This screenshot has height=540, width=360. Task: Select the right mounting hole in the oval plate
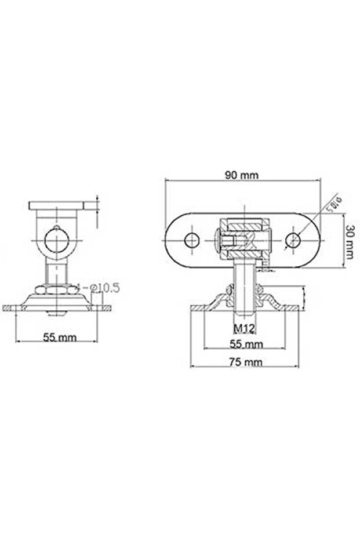[x=293, y=239]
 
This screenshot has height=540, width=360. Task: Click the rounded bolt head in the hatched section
[x=218, y=240]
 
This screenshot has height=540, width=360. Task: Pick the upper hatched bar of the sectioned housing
[x=243, y=224]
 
